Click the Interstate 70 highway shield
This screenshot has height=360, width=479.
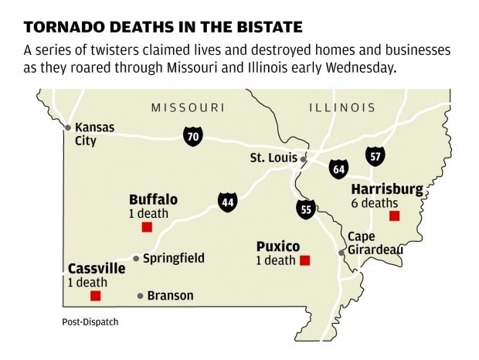tap(193, 137)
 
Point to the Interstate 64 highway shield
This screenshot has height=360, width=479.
tap(338, 168)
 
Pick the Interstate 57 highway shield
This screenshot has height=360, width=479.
tap(375, 156)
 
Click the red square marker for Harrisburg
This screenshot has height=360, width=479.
tap(394, 216)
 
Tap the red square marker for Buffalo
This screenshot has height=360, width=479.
tap(147, 227)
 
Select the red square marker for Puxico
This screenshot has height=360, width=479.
tap(304, 261)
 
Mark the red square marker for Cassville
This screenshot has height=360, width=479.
tap(95, 296)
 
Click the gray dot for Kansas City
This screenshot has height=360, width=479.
tap(68, 127)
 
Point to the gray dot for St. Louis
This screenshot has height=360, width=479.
tap(304, 159)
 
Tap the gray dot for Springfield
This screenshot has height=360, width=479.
tap(136, 259)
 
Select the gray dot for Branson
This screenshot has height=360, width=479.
tap(140, 296)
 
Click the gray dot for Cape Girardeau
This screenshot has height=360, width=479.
tap(341, 253)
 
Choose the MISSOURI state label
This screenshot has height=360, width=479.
tap(187, 107)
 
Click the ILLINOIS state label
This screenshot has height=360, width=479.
tap(341, 107)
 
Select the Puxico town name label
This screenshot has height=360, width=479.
tap(278, 246)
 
